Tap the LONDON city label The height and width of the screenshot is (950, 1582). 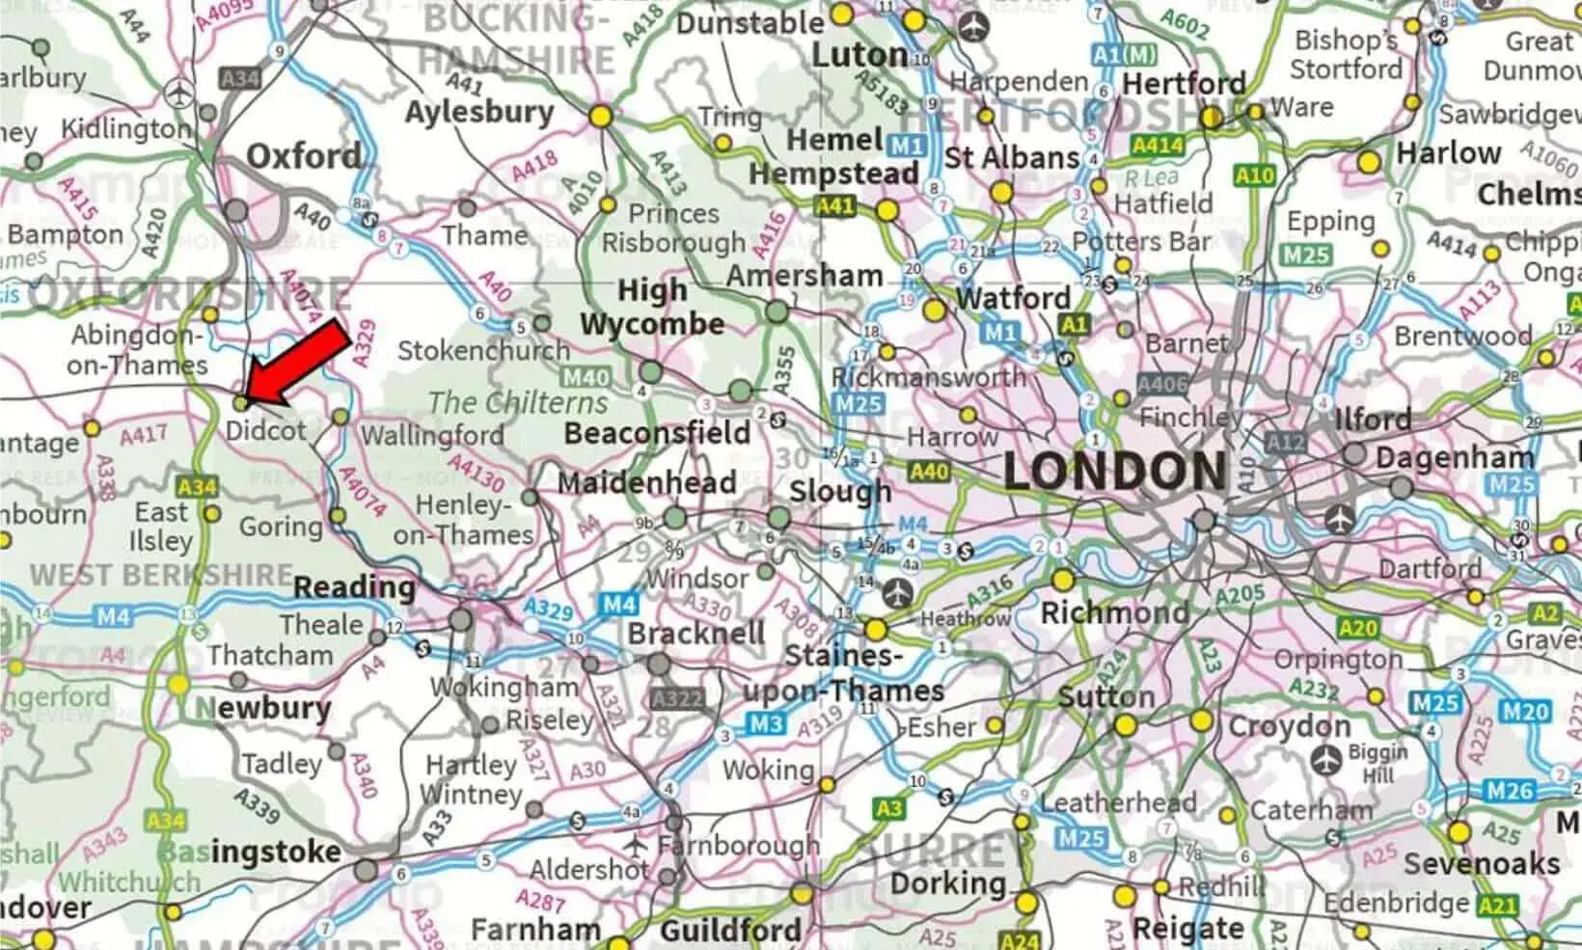[x=1115, y=472]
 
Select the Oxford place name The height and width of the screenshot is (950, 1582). [x=303, y=156]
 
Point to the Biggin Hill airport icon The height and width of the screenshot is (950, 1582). [x=1328, y=760]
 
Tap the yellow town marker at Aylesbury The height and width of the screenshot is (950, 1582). [x=600, y=117]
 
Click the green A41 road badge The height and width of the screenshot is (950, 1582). [x=834, y=205]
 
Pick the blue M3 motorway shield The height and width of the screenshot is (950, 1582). [x=766, y=723]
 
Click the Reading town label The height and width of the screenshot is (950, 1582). [x=353, y=586]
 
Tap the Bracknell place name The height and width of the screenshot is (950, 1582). [x=696, y=634]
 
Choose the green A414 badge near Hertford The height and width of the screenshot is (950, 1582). [x=1157, y=145]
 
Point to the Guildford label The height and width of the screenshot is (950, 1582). [x=730, y=930]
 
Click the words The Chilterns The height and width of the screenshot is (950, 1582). [x=518, y=402]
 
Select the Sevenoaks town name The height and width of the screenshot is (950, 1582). [x=1481, y=863]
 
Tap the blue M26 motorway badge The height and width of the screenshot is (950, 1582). [x=1509, y=791]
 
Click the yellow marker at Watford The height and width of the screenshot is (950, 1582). [x=934, y=311]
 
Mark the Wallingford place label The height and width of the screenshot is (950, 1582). [x=431, y=435]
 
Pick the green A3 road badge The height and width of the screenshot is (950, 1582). [x=888, y=808]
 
